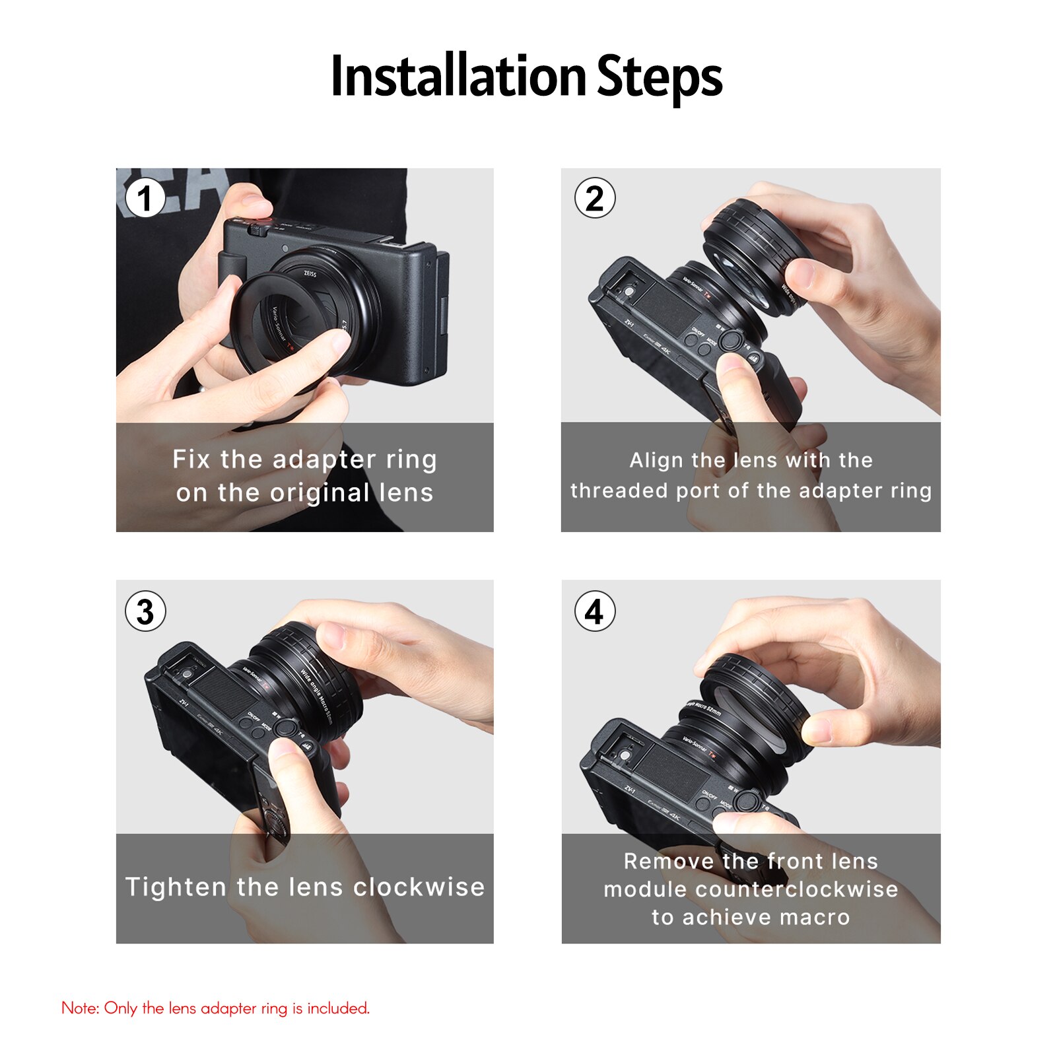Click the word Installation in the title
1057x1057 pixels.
point(458,77)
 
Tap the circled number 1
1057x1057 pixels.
point(145,199)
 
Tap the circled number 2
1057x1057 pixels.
point(595,199)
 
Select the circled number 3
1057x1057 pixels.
point(145,611)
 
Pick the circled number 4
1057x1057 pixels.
point(595,611)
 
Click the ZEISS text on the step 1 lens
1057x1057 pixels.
point(310,273)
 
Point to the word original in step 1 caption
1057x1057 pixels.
point(320,493)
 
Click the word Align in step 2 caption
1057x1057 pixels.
point(656,460)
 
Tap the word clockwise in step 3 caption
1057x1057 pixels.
point(419,887)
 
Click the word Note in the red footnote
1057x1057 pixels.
point(80,1008)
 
